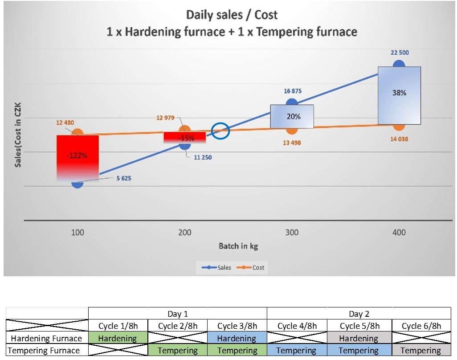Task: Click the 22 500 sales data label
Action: (400, 53)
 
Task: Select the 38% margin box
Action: (399, 95)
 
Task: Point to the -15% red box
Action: (185, 138)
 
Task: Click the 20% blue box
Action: (292, 116)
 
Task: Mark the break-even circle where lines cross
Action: (220, 131)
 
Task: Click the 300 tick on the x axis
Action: (292, 232)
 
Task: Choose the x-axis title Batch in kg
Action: (238, 246)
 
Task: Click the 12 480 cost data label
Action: (65, 123)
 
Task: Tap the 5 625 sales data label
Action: (124, 179)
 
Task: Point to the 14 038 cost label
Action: (399, 139)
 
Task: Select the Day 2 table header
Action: (359, 314)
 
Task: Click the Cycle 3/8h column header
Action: (237, 326)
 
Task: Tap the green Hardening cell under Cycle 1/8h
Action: (118, 338)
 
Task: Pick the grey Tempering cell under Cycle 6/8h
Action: (420, 351)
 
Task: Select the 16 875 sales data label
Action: (293, 91)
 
